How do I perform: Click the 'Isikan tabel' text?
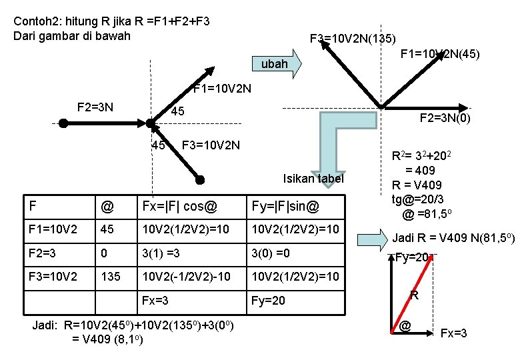click(x=313, y=178)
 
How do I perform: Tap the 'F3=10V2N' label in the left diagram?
click(x=211, y=145)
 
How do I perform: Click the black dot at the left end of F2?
click(x=63, y=123)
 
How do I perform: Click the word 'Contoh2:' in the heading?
click(x=35, y=21)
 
